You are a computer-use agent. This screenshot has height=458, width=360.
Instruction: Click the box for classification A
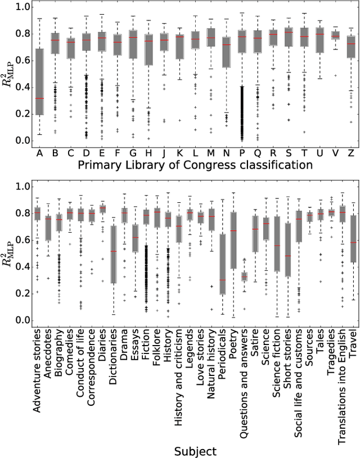coord(40,81)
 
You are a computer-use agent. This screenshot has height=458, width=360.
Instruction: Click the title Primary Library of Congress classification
coord(195,165)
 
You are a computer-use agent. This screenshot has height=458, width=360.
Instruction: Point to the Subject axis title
coord(194,451)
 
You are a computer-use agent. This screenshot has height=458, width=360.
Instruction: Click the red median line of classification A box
coord(40,98)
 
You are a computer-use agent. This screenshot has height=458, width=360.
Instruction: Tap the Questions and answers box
coord(244,276)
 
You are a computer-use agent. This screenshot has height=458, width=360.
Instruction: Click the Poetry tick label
coord(233,350)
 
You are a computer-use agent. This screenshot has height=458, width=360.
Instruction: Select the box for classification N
coord(226,52)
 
